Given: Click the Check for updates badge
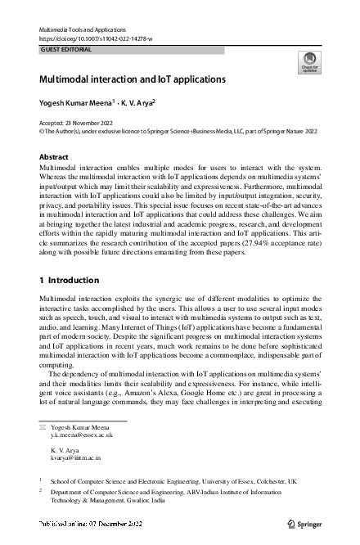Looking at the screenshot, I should point(309,63).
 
